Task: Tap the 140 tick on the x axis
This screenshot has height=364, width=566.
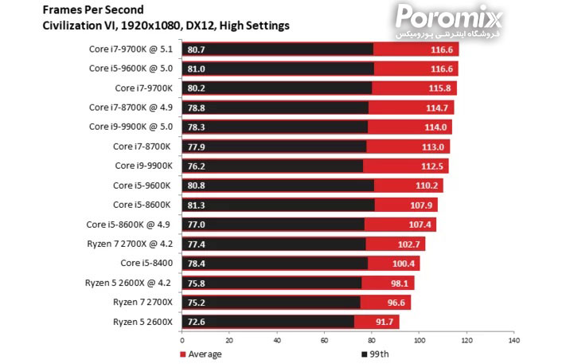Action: (x=513, y=340)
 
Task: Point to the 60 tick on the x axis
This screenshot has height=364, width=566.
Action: (x=325, y=340)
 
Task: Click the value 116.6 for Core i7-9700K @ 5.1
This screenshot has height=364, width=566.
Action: (x=439, y=49)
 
